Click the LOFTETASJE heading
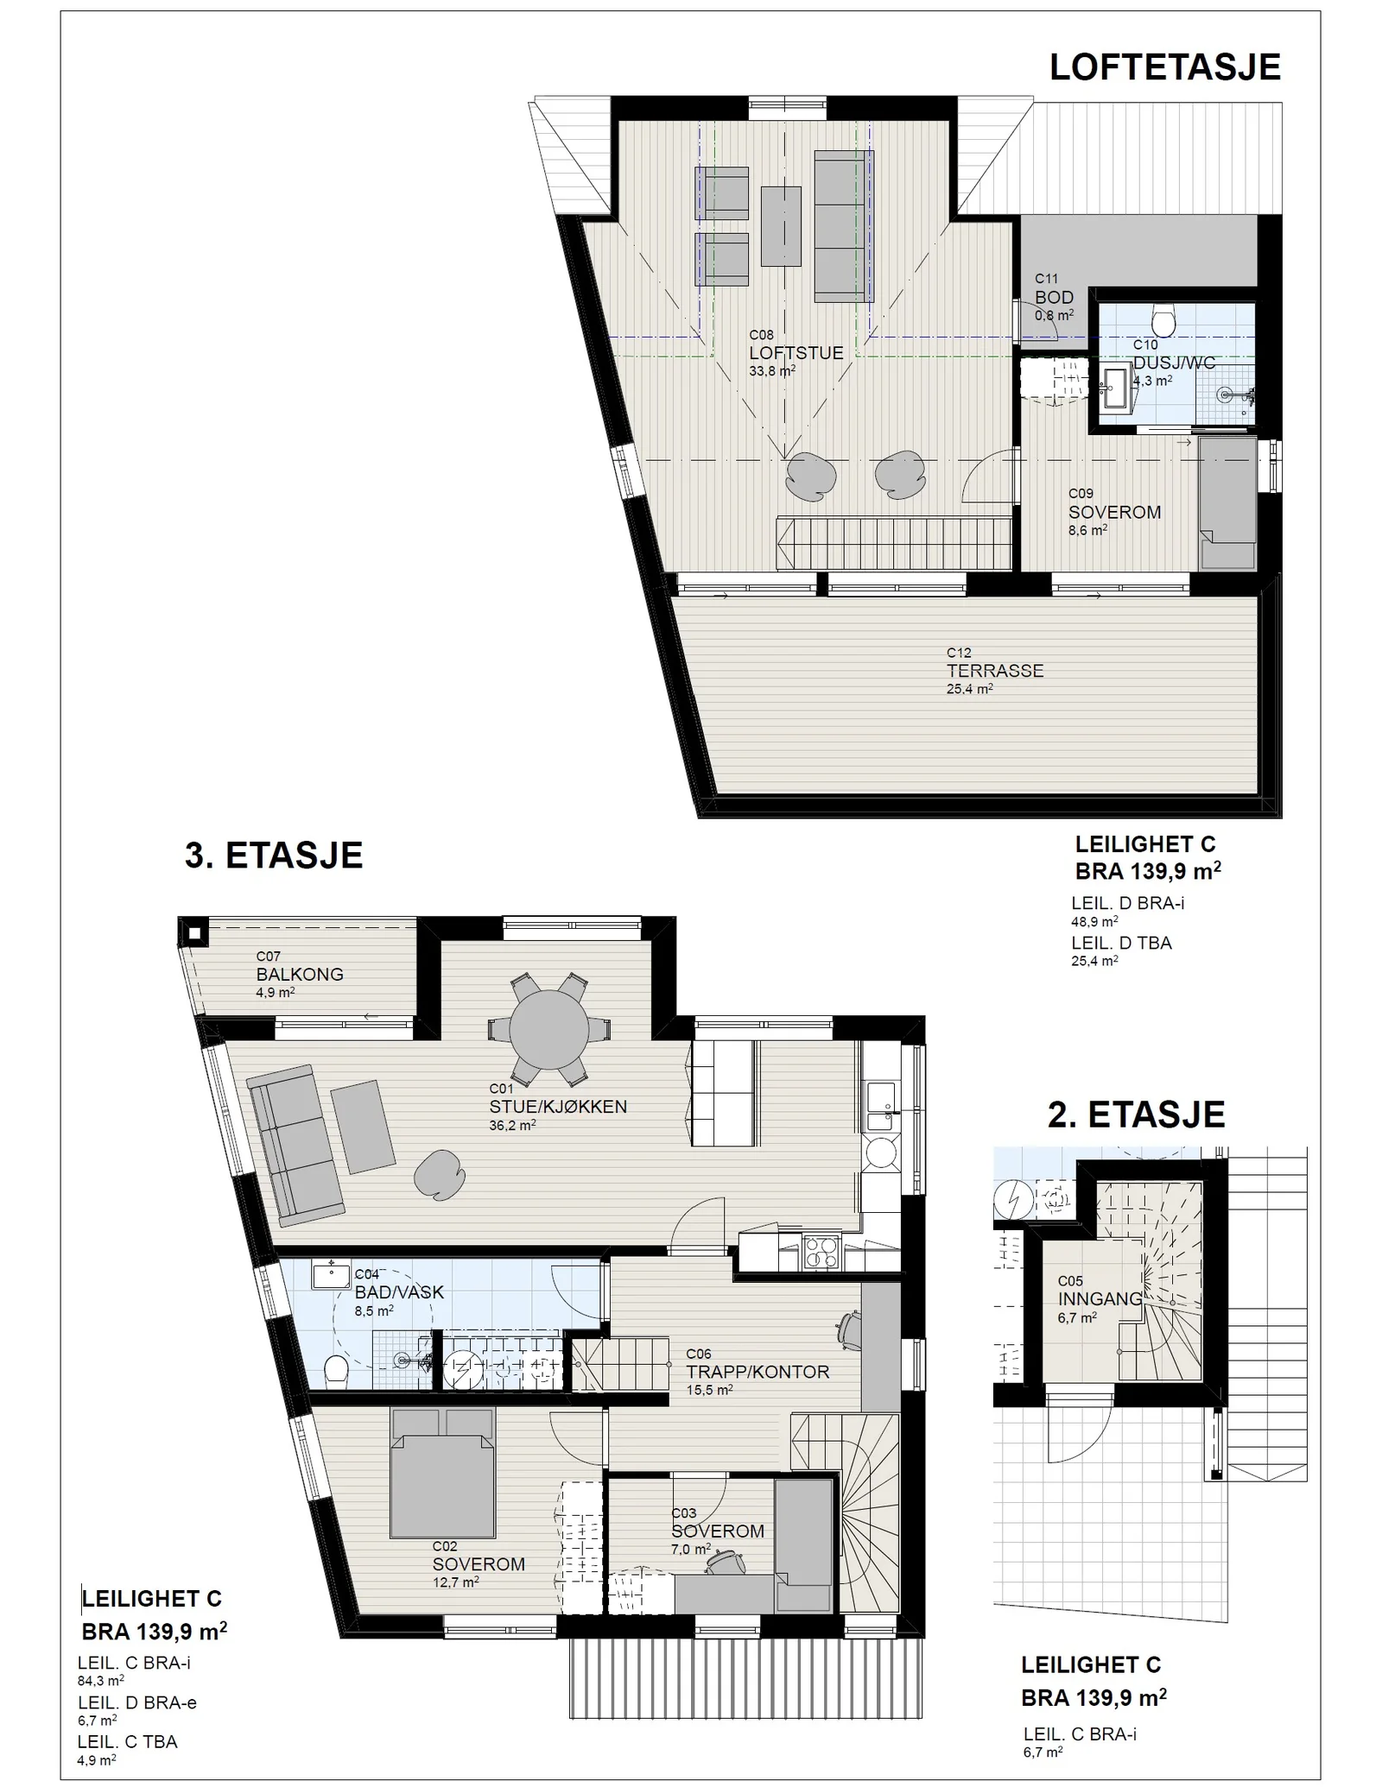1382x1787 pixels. pyautogui.click(x=1164, y=67)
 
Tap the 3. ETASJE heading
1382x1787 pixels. pyautogui.click(x=274, y=855)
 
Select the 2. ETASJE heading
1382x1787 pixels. pyautogui.click(x=1136, y=1115)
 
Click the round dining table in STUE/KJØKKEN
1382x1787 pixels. pyautogui.click(x=548, y=1028)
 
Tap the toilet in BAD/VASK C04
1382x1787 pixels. pyautogui.click(x=335, y=1371)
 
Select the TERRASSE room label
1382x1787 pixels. pyautogui.click(x=995, y=671)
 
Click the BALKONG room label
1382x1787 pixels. pyautogui.click(x=300, y=975)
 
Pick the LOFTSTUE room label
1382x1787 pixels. pyautogui.click(x=796, y=353)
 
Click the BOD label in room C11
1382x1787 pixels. pyautogui.click(x=1055, y=298)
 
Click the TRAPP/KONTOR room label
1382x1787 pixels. pyautogui.click(x=758, y=1372)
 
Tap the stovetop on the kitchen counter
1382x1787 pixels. pyautogui.click(x=821, y=1252)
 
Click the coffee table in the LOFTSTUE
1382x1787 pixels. pyautogui.click(x=781, y=226)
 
